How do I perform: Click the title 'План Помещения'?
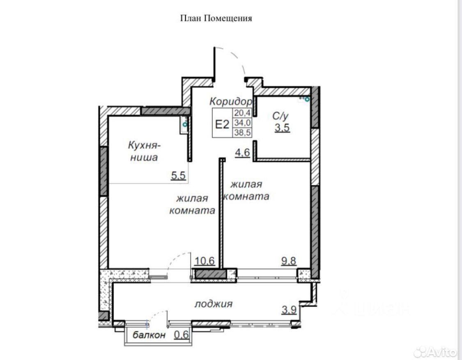(x=216, y=18)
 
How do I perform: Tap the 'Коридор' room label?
(x=231, y=102)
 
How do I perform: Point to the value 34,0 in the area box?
(x=242, y=122)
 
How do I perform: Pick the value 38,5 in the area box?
(x=242, y=132)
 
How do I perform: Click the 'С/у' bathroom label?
(x=280, y=116)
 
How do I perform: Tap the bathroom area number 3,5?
(x=282, y=128)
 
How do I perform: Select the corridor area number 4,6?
(x=242, y=153)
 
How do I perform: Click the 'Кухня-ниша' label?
(x=144, y=151)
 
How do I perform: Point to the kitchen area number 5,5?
(x=178, y=176)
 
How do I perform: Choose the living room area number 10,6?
(x=205, y=261)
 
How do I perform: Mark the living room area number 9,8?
(x=289, y=261)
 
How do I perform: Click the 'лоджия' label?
(x=214, y=304)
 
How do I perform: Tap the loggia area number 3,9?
(x=289, y=310)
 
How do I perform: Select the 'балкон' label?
(x=149, y=335)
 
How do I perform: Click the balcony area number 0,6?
(x=181, y=335)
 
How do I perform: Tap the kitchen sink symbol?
(x=184, y=125)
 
